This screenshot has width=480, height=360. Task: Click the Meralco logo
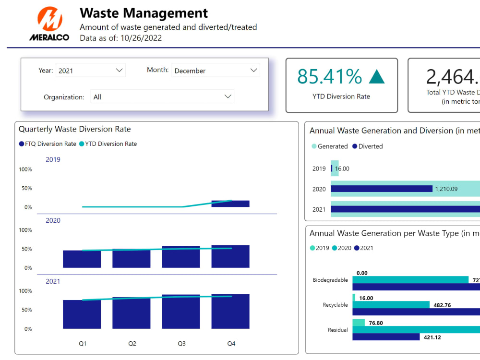tap(49, 24)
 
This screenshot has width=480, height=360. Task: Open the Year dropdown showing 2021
tap(90, 71)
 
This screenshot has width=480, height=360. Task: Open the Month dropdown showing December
tap(216, 71)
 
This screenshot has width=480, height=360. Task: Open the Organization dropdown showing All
tap(162, 97)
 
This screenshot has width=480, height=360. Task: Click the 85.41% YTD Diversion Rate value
tap(329, 77)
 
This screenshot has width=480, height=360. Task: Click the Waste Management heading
tap(144, 13)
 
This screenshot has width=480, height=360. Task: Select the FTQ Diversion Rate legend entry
tap(48, 144)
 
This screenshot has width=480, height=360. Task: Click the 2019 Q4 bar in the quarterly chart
tap(230, 204)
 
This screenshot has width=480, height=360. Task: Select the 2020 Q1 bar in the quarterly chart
tap(82, 259)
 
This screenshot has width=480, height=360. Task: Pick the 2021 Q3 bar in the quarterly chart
tap(180, 312)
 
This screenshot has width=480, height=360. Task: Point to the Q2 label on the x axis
tap(132, 344)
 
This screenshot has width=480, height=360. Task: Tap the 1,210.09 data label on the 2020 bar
tap(446, 189)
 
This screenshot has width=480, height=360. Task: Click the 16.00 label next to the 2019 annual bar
tap(342, 169)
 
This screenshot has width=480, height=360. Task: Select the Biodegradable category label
tap(330, 280)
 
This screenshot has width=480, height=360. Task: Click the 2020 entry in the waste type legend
tap(341, 248)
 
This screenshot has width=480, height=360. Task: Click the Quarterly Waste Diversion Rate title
tap(74, 129)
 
